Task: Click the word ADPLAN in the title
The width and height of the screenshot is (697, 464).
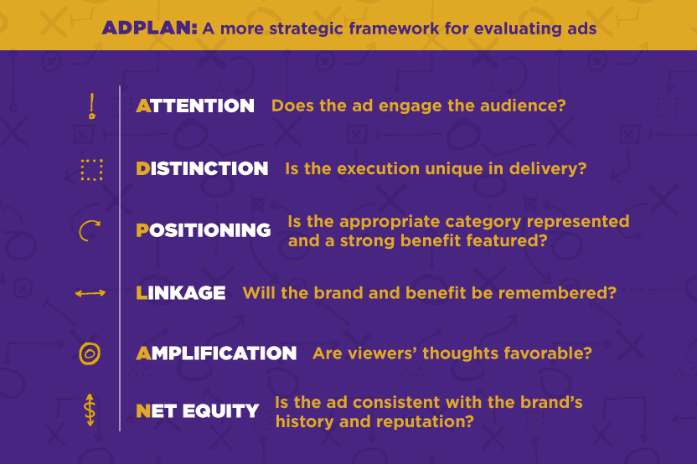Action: coord(149,28)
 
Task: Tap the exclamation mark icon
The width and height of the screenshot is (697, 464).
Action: coord(92,106)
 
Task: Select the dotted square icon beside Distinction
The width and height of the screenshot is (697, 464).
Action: coord(91,169)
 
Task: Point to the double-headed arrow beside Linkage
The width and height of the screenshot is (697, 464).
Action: coord(90,293)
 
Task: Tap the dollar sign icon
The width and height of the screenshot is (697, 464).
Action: coord(90,410)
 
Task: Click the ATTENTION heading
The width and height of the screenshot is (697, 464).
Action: coord(195,106)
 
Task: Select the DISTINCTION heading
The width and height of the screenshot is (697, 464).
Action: coord(202,168)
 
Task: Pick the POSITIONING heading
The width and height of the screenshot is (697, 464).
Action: coord(203,230)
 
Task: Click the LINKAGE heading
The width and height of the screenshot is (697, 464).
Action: coord(180,293)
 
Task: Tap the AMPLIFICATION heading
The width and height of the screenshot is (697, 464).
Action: coord(216,353)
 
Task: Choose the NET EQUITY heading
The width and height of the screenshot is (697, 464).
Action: coord(198,410)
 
